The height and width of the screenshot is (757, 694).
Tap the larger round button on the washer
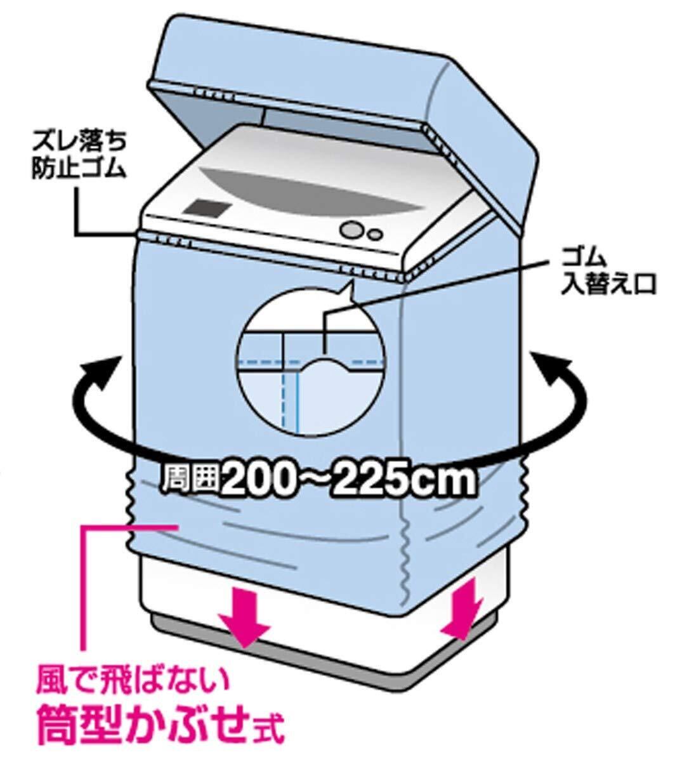click(x=350, y=229)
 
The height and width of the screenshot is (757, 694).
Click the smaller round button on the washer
click(x=376, y=235)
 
